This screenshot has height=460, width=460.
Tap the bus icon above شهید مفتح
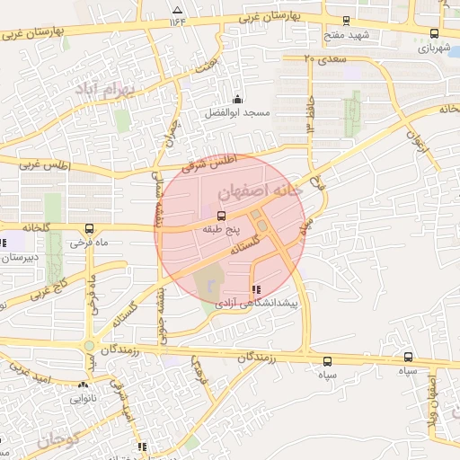coord(346,22)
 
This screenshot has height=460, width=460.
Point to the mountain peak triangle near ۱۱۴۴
coord(176,10)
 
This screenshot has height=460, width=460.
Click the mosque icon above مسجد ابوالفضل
coord(237,99)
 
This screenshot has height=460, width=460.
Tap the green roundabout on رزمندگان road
coord(89,345)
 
